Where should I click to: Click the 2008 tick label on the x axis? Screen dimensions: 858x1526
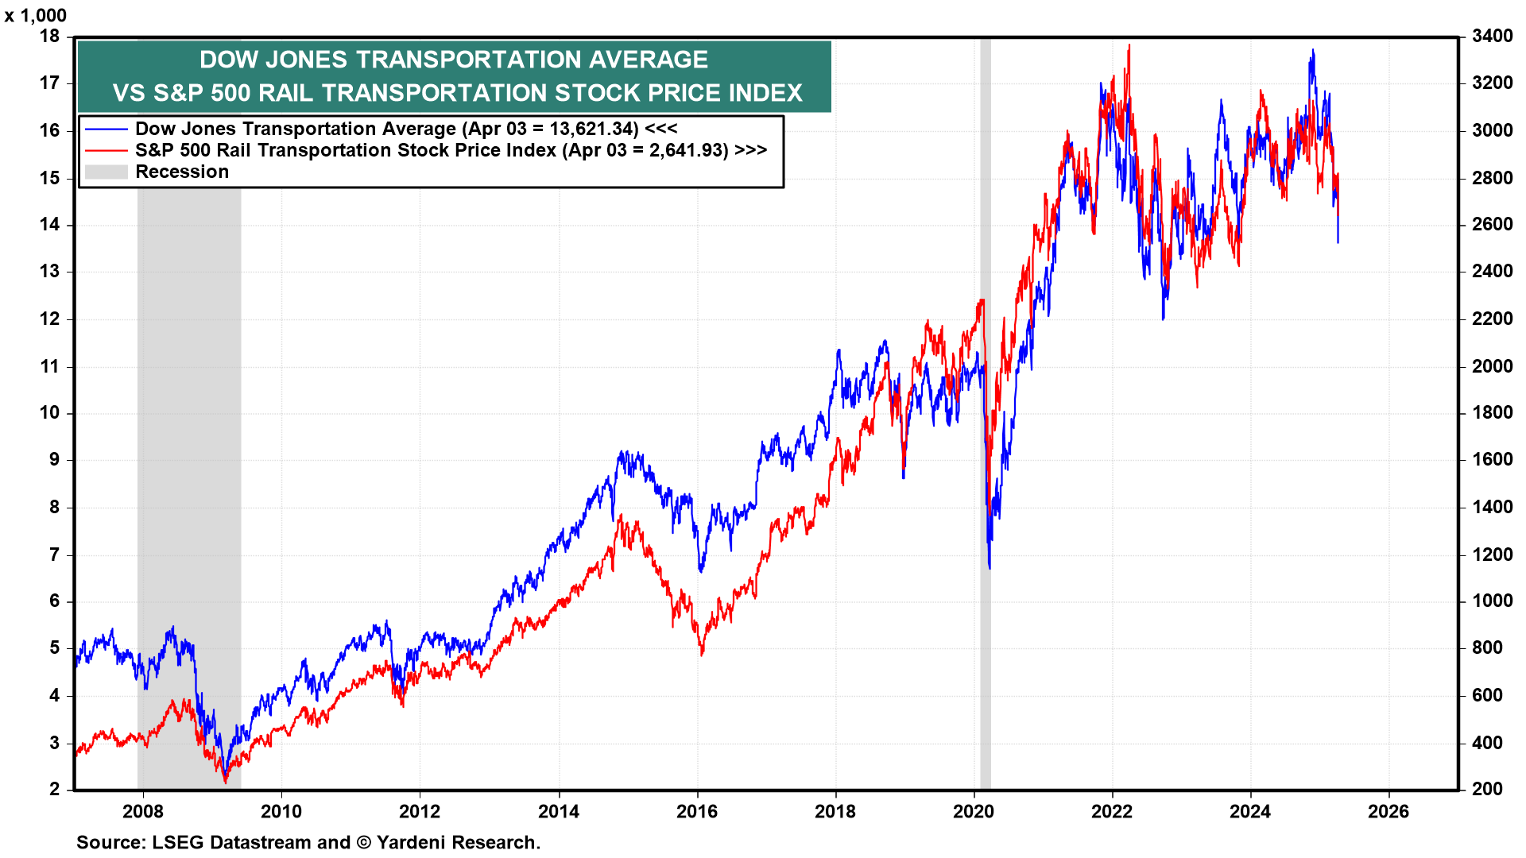(x=143, y=811)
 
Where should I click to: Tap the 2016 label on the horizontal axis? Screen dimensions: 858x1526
(x=697, y=811)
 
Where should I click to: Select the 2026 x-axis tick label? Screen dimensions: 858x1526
(x=1389, y=811)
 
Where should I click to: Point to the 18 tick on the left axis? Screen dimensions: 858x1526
(x=50, y=36)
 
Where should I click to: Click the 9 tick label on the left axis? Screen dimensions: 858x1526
(x=54, y=459)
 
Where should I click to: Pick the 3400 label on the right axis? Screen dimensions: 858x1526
(x=1492, y=36)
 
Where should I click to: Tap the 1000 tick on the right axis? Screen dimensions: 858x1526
(x=1492, y=601)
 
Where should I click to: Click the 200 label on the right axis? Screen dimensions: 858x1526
(x=1487, y=789)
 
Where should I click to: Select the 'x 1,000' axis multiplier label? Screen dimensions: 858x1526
(x=36, y=15)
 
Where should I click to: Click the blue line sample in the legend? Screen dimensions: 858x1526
(x=106, y=129)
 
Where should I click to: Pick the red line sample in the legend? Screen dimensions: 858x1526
(x=106, y=150)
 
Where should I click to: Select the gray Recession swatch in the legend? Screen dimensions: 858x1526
(x=106, y=172)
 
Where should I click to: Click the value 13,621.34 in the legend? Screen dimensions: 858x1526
(x=594, y=129)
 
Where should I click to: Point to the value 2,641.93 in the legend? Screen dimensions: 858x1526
(x=688, y=150)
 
